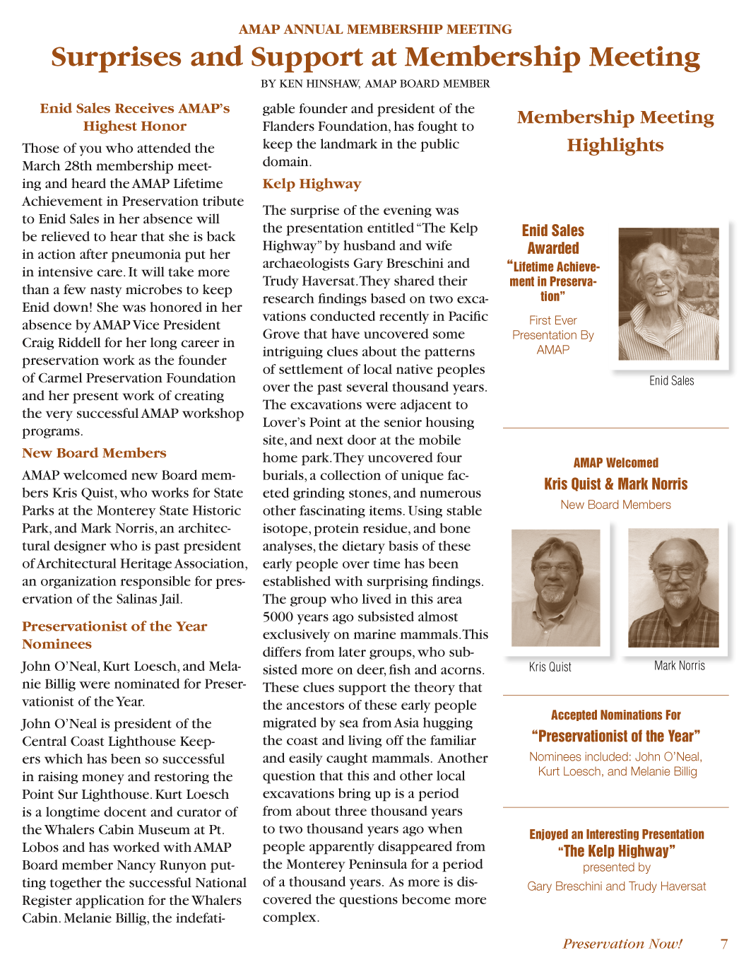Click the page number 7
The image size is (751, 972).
click(x=723, y=944)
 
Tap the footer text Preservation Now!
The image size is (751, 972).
click(x=622, y=944)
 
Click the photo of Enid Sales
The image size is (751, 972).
click(x=668, y=294)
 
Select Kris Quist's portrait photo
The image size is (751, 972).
click(x=555, y=587)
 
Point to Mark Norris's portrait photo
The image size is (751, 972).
click(x=673, y=587)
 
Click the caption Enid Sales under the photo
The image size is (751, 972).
click(x=671, y=381)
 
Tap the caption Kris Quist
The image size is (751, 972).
click(x=550, y=667)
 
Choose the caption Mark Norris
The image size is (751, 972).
click(x=679, y=665)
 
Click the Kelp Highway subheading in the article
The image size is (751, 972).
click(x=312, y=184)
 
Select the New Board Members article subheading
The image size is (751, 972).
click(x=94, y=453)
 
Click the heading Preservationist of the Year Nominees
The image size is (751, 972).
click(x=114, y=635)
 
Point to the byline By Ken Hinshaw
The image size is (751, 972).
click(x=375, y=83)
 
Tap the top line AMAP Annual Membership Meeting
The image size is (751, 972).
click(x=375, y=29)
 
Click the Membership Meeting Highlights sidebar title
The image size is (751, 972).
click(x=615, y=131)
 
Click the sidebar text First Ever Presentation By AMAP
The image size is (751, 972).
click(x=552, y=335)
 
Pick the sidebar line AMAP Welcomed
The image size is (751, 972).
click(x=615, y=463)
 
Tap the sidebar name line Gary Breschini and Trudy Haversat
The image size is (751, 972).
click(x=616, y=886)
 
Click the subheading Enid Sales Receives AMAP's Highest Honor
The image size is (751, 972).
click(x=135, y=117)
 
